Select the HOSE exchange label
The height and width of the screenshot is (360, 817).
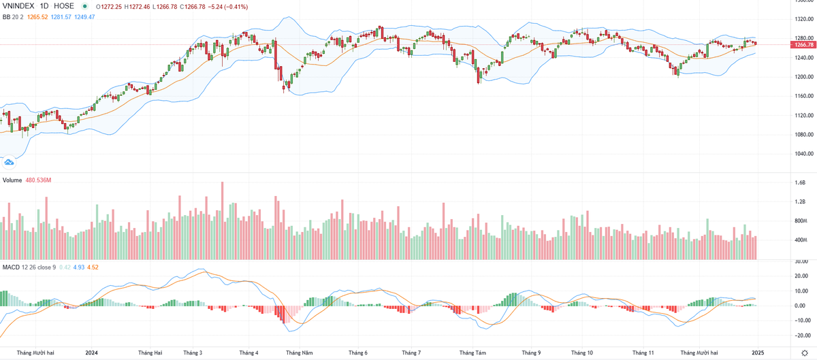point(64,6)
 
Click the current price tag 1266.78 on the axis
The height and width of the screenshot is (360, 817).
point(803,45)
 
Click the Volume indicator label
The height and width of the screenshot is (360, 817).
point(12,180)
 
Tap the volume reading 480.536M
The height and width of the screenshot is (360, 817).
point(39,180)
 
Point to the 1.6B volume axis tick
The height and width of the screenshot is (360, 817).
point(800,183)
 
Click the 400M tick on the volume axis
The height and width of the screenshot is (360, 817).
point(800,241)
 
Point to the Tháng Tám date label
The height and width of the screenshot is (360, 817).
point(472,353)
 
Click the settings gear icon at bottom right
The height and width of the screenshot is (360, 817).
point(803,353)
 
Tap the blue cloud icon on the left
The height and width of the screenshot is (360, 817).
point(10,162)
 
